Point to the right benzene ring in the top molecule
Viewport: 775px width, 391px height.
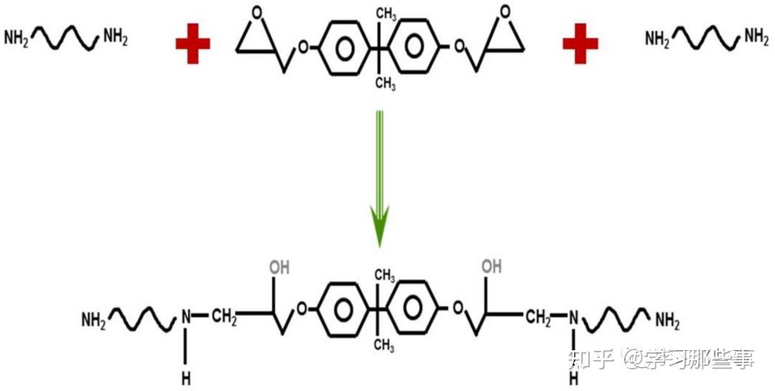click(x=415, y=47)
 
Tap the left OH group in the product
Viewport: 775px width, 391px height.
click(x=279, y=268)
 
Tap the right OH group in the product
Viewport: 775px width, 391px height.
click(x=492, y=267)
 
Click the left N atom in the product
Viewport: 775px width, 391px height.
click(x=186, y=316)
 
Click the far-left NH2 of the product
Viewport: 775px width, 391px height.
click(x=93, y=320)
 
